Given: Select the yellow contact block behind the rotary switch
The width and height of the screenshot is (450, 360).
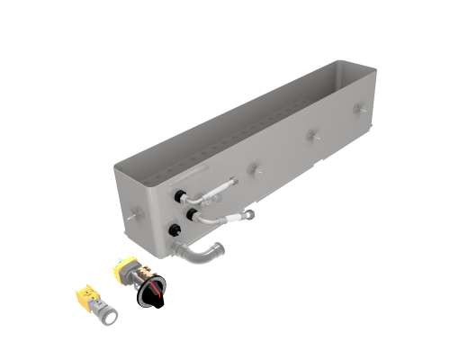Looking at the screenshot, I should pos(123,268).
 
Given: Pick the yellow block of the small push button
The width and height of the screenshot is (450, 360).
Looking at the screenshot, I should pos(88,298).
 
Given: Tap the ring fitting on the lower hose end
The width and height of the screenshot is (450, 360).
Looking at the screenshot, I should pos(247,215).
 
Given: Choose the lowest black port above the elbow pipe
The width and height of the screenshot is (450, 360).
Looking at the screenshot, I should pos(174,230).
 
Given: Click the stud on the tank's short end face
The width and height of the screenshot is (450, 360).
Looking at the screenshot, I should pos(134,215).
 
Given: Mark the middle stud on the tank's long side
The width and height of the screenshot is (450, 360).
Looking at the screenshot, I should pos(313,136).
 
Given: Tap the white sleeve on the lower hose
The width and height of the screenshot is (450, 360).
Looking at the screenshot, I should pos(233,217).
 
